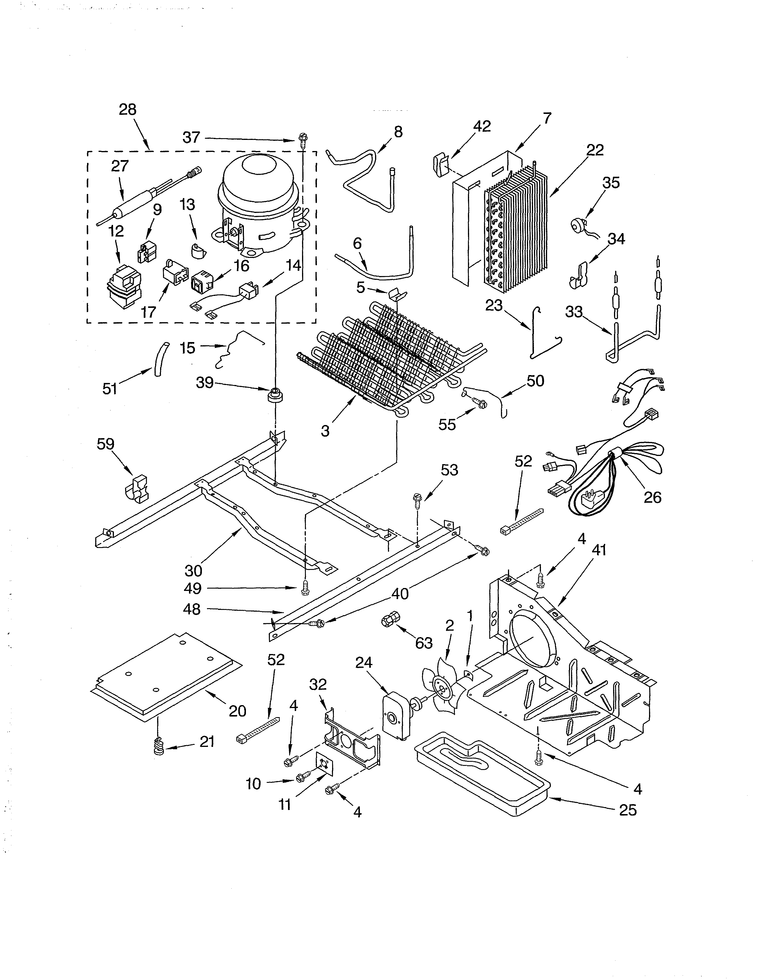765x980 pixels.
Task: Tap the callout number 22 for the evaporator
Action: click(595, 150)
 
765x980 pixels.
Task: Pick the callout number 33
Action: click(574, 312)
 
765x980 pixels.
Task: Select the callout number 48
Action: click(192, 609)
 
